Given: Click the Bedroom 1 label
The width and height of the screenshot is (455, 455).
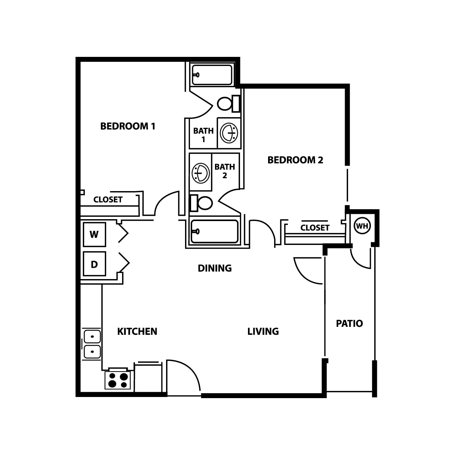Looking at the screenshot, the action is [128, 126].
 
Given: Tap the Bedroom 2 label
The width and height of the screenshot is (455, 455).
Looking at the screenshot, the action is [295, 160].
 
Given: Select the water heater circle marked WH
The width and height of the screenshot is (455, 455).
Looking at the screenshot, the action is [362, 226].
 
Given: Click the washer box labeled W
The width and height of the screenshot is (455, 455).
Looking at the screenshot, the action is [94, 234].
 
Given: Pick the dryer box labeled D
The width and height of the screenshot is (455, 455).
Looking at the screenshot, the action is [94, 264].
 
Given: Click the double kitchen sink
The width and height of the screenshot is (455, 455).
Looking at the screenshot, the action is [92, 344].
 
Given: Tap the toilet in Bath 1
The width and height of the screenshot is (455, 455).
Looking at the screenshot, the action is [229, 104].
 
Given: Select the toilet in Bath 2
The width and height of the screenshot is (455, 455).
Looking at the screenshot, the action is [201, 203].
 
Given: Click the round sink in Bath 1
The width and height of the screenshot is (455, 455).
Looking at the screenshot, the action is [229, 133].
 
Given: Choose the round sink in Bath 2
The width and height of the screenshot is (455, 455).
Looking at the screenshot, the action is [201, 173].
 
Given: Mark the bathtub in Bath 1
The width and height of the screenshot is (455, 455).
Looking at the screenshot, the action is [212, 75].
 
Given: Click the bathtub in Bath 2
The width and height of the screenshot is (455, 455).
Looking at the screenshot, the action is [214, 232].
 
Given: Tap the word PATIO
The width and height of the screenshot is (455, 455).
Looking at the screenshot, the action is [349, 323].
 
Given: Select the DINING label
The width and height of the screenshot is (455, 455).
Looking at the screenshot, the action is [215, 268].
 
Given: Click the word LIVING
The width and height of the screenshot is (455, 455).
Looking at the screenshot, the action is [263, 331].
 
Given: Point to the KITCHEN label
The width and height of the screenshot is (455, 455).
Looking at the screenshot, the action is [137, 331].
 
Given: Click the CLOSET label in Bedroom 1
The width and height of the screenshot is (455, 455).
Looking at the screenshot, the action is [108, 200].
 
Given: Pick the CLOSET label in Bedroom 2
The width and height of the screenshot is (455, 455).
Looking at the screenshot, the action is [315, 228].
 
